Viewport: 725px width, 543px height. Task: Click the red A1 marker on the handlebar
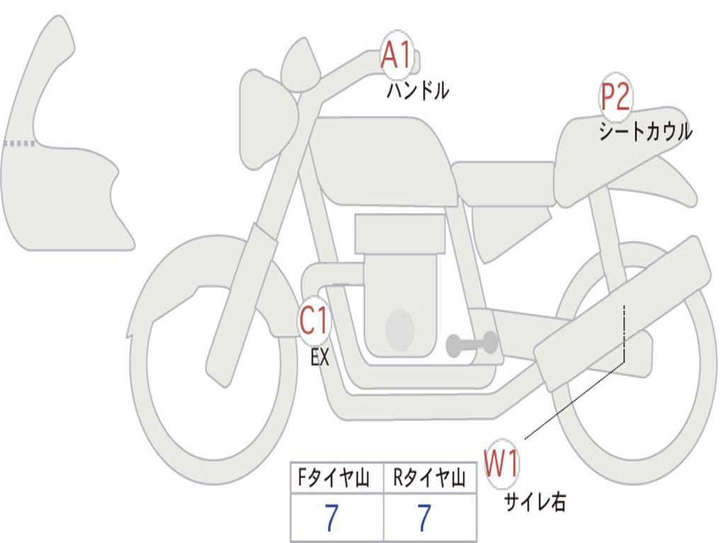click(x=396, y=55)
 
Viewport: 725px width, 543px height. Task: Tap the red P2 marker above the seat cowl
click(x=616, y=96)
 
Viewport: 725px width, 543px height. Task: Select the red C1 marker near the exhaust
click(x=314, y=320)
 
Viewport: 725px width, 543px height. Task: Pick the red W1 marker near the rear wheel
click(x=501, y=463)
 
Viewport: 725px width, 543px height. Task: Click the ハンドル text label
click(x=418, y=90)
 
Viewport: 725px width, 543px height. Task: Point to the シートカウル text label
click(x=646, y=132)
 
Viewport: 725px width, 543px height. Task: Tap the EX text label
click(x=320, y=357)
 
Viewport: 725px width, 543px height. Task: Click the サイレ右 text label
click(x=535, y=502)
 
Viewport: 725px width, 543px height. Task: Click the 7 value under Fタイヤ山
click(x=331, y=518)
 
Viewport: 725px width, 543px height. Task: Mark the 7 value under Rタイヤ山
click(x=425, y=518)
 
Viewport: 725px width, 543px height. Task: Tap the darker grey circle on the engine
click(x=400, y=330)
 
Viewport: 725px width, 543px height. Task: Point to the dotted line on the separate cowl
click(x=19, y=144)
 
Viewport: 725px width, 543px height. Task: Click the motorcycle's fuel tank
click(x=384, y=162)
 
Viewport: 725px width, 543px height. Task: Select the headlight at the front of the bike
click(x=268, y=120)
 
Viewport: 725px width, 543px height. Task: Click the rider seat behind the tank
click(x=504, y=183)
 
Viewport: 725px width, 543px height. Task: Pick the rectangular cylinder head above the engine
click(x=400, y=233)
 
